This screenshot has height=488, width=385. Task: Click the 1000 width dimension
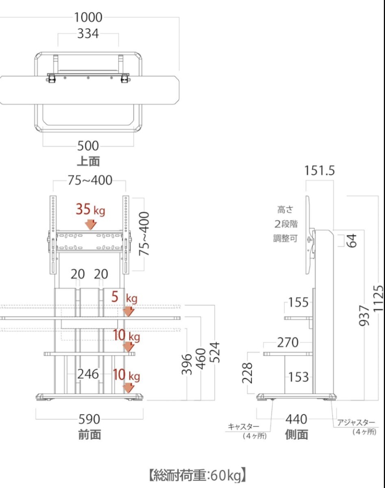[88, 17]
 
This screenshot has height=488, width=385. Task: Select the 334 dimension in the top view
[88, 34]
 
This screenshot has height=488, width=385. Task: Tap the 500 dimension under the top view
[88, 146]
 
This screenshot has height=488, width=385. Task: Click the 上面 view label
[89, 161]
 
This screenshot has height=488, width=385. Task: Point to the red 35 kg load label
[91, 209]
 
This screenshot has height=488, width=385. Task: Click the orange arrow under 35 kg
[91, 224]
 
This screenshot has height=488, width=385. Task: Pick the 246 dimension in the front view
[88, 374]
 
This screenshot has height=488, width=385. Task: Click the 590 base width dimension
[89, 419]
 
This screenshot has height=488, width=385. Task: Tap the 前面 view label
[89, 435]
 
